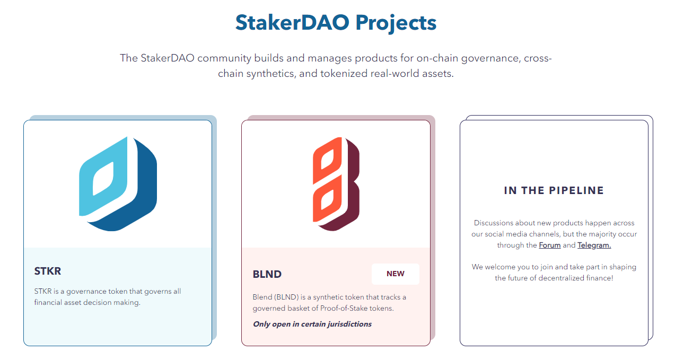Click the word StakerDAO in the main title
[292, 23]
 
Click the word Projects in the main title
[396, 23]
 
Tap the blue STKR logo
[118, 184]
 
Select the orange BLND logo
[336, 184]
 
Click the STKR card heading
[48, 271]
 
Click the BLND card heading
[267, 274]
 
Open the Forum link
[550, 245]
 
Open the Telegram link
[594, 245]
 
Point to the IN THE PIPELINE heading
[554, 190]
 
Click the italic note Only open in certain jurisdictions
[312, 324]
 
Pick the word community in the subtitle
[224, 58]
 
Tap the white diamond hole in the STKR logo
[103, 179]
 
